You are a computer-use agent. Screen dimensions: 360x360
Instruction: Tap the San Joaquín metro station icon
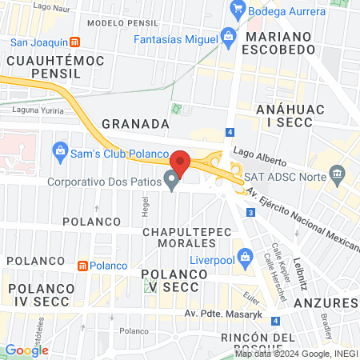pos(74,42)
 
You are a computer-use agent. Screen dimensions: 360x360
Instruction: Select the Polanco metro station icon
pos(82,265)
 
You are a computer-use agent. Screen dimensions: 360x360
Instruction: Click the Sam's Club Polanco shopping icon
pos(59,150)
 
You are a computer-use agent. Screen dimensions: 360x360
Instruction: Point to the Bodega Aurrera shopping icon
pos(236,10)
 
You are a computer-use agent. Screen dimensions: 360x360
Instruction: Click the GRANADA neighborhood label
pos(135,124)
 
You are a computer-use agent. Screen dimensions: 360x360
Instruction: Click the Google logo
pos(26,350)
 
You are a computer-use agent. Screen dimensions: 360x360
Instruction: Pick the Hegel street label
pos(146,207)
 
